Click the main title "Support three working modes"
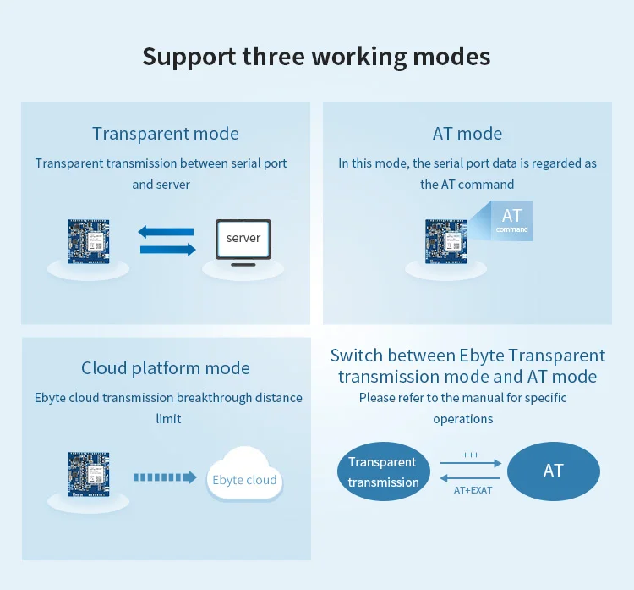pyautogui.click(x=316, y=57)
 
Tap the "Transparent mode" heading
pyautogui.click(x=166, y=134)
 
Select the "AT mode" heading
pyautogui.click(x=467, y=134)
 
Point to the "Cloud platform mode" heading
pyautogui.click(x=166, y=368)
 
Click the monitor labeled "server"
pyautogui.click(x=243, y=242)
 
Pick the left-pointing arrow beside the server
pyautogui.click(x=166, y=232)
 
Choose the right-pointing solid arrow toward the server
pyautogui.click(x=168, y=250)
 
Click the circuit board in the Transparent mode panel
pyautogui.click(x=89, y=242)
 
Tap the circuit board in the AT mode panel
pyautogui.click(x=446, y=242)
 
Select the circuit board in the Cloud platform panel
pyautogui.click(x=89, y=474)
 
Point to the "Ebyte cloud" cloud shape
pyautogui.click(x=244, y=474)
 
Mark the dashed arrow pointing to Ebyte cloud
pyautogui.click(x=165, y=477)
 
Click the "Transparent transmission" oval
pyautogui.click(x=383, y=471)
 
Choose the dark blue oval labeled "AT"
pyautogui.click(x=554, y=471)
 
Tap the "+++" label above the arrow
pyautogui.click(x=471, y=455)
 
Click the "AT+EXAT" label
pyautogui.click(x=473, y=490)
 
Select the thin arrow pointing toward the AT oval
pyautogui.click(x=471, y=463)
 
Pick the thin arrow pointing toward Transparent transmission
pyautogui.click(x=470, y=478)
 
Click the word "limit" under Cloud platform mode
pyautogui.click(x=168, y=419)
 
